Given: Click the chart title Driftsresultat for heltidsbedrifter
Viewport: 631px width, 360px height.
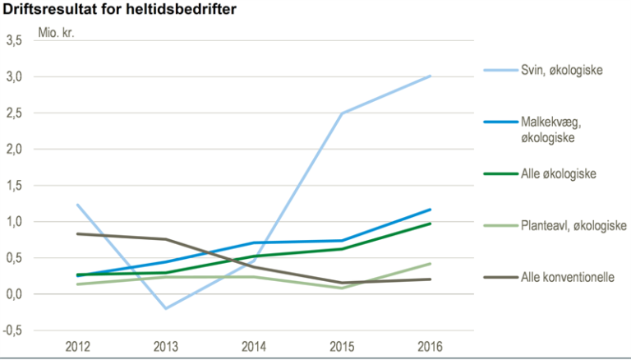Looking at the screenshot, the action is coord(119,9).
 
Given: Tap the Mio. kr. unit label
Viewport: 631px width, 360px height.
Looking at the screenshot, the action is coord(57,32).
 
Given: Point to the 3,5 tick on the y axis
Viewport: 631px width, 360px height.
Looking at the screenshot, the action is coord(14,40).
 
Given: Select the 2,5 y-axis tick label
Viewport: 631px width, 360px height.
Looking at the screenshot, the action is coord(14,113).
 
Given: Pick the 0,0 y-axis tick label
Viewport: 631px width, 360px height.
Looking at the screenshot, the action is coord(14,294).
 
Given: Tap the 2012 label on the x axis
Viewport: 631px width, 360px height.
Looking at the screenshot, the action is coord(78,346).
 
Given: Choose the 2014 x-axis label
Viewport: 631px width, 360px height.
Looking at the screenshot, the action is coord(254,346).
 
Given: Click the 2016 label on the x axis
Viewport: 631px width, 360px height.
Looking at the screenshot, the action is coord(430,346).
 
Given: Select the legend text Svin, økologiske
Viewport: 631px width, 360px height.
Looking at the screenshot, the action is coord(562,70).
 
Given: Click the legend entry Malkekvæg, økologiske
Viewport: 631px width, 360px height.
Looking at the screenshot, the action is coord(551,130).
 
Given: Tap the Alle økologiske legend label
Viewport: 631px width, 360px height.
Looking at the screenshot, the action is coord(559,174).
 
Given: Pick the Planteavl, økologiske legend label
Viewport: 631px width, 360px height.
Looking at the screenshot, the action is coord(573,225).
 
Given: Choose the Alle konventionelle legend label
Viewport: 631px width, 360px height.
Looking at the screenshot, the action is coord(568,277).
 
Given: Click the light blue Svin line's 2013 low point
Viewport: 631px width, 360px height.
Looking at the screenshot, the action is coord(166,308).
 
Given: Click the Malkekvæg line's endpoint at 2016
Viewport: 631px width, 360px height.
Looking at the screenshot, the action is coord(430,210).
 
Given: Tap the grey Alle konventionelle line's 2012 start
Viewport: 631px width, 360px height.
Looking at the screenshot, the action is coord(78,233).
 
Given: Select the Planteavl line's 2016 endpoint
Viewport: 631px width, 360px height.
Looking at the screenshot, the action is coord(430,264).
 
